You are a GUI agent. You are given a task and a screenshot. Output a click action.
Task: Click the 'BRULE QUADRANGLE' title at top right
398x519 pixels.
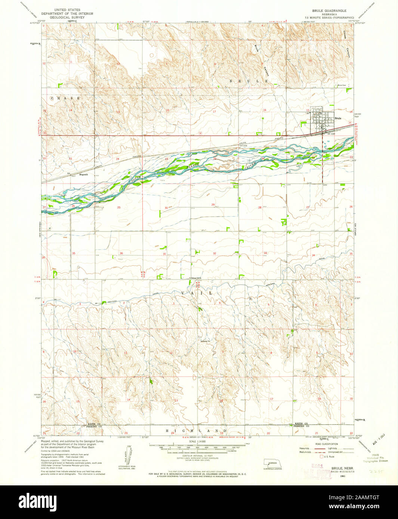point(329,11)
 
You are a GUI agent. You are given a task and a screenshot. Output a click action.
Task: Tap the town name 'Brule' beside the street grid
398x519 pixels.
point(338,118)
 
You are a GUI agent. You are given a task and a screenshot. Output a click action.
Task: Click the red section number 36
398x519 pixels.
point(121,253)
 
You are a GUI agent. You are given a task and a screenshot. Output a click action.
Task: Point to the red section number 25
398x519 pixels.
point(119,207)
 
